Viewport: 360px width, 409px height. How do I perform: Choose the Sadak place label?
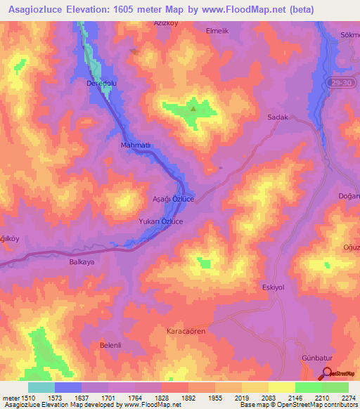278,118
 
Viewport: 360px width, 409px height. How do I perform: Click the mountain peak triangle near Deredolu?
193,108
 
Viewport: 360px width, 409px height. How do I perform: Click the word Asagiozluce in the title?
39,9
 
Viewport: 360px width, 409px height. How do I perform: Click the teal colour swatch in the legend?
41,387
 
